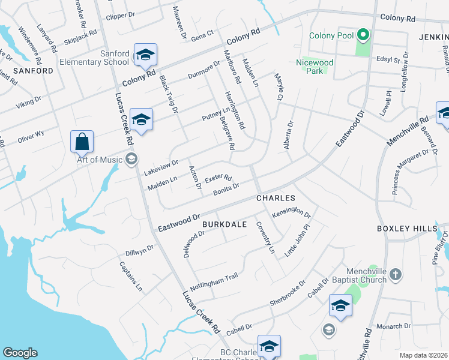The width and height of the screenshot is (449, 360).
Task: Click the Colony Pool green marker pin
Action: click(x=362, y=35)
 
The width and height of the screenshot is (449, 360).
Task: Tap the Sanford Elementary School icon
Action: click(x=145, y=55)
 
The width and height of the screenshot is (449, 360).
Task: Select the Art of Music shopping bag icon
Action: click(x=82, y=142)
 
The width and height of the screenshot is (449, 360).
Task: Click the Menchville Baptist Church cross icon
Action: click(x=395, y=275)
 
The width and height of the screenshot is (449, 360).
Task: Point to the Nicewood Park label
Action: click(x=315, y=67)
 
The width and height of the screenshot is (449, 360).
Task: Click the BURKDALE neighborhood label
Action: click(x=224, y=224)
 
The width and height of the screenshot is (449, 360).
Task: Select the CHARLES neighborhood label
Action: click(x=276, y=197)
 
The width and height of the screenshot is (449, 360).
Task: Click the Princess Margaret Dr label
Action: click(x=414, y=172)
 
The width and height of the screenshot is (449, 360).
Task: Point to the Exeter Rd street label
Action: click(x=218, y=179)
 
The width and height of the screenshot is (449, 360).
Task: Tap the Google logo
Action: click(x=19, y=353)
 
